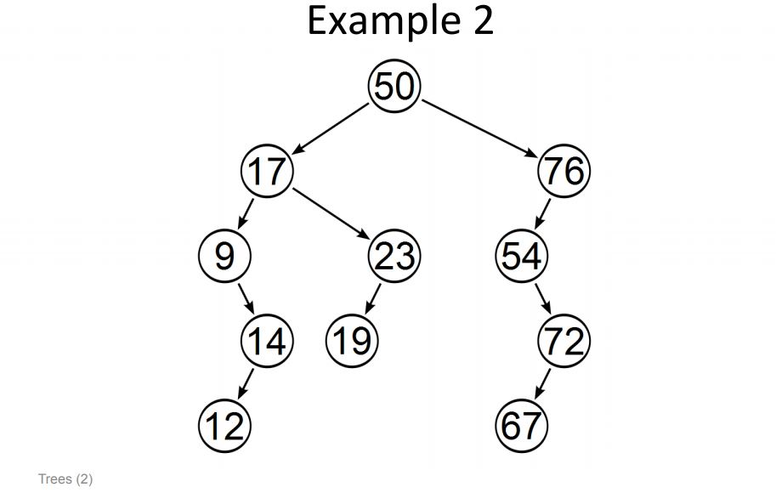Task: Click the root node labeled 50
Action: [x=394, y=87]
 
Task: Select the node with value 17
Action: [x=267, y=171]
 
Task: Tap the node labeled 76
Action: [x=564, y=171]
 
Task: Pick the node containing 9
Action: [x=224, y=256]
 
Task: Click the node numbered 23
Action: [x=394, y=256]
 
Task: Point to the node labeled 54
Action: [x=521, y=256]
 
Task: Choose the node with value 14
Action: [x=267, y=341]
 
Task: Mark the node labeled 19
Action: [x=352, y=341]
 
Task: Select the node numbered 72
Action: [x=564, y=341]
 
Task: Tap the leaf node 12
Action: [x=224, y=425]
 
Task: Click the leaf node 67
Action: [x=521, y=425]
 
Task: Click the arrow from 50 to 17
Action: [x=331, y=128]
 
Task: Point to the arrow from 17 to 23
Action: [x=331, y=213]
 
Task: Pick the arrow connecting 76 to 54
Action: [x=542, y=213]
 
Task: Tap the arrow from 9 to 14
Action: [x=246, y=298]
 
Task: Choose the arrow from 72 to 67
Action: [x=542, y=383]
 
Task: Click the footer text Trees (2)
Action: [x=65, y=479]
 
